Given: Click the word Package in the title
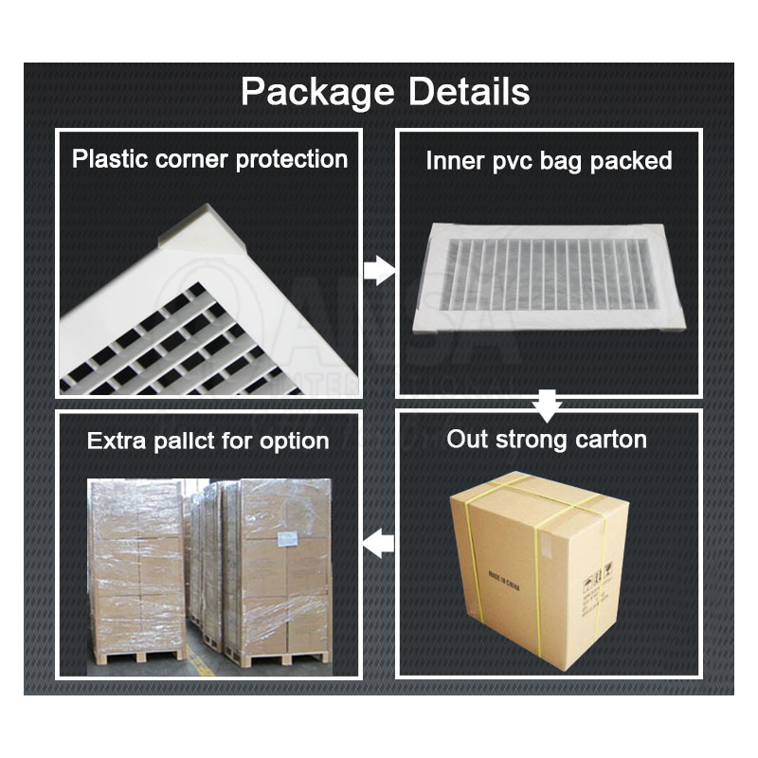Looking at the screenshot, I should pyautogui.click(x=316, y=93).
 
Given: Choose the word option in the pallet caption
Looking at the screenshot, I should pyautogui.click(x=294, y=442).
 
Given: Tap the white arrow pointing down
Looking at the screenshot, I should pyautogui.click(x=545, y=404).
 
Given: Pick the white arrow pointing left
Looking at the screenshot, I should pyautogui.click(x=379, y=544).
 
